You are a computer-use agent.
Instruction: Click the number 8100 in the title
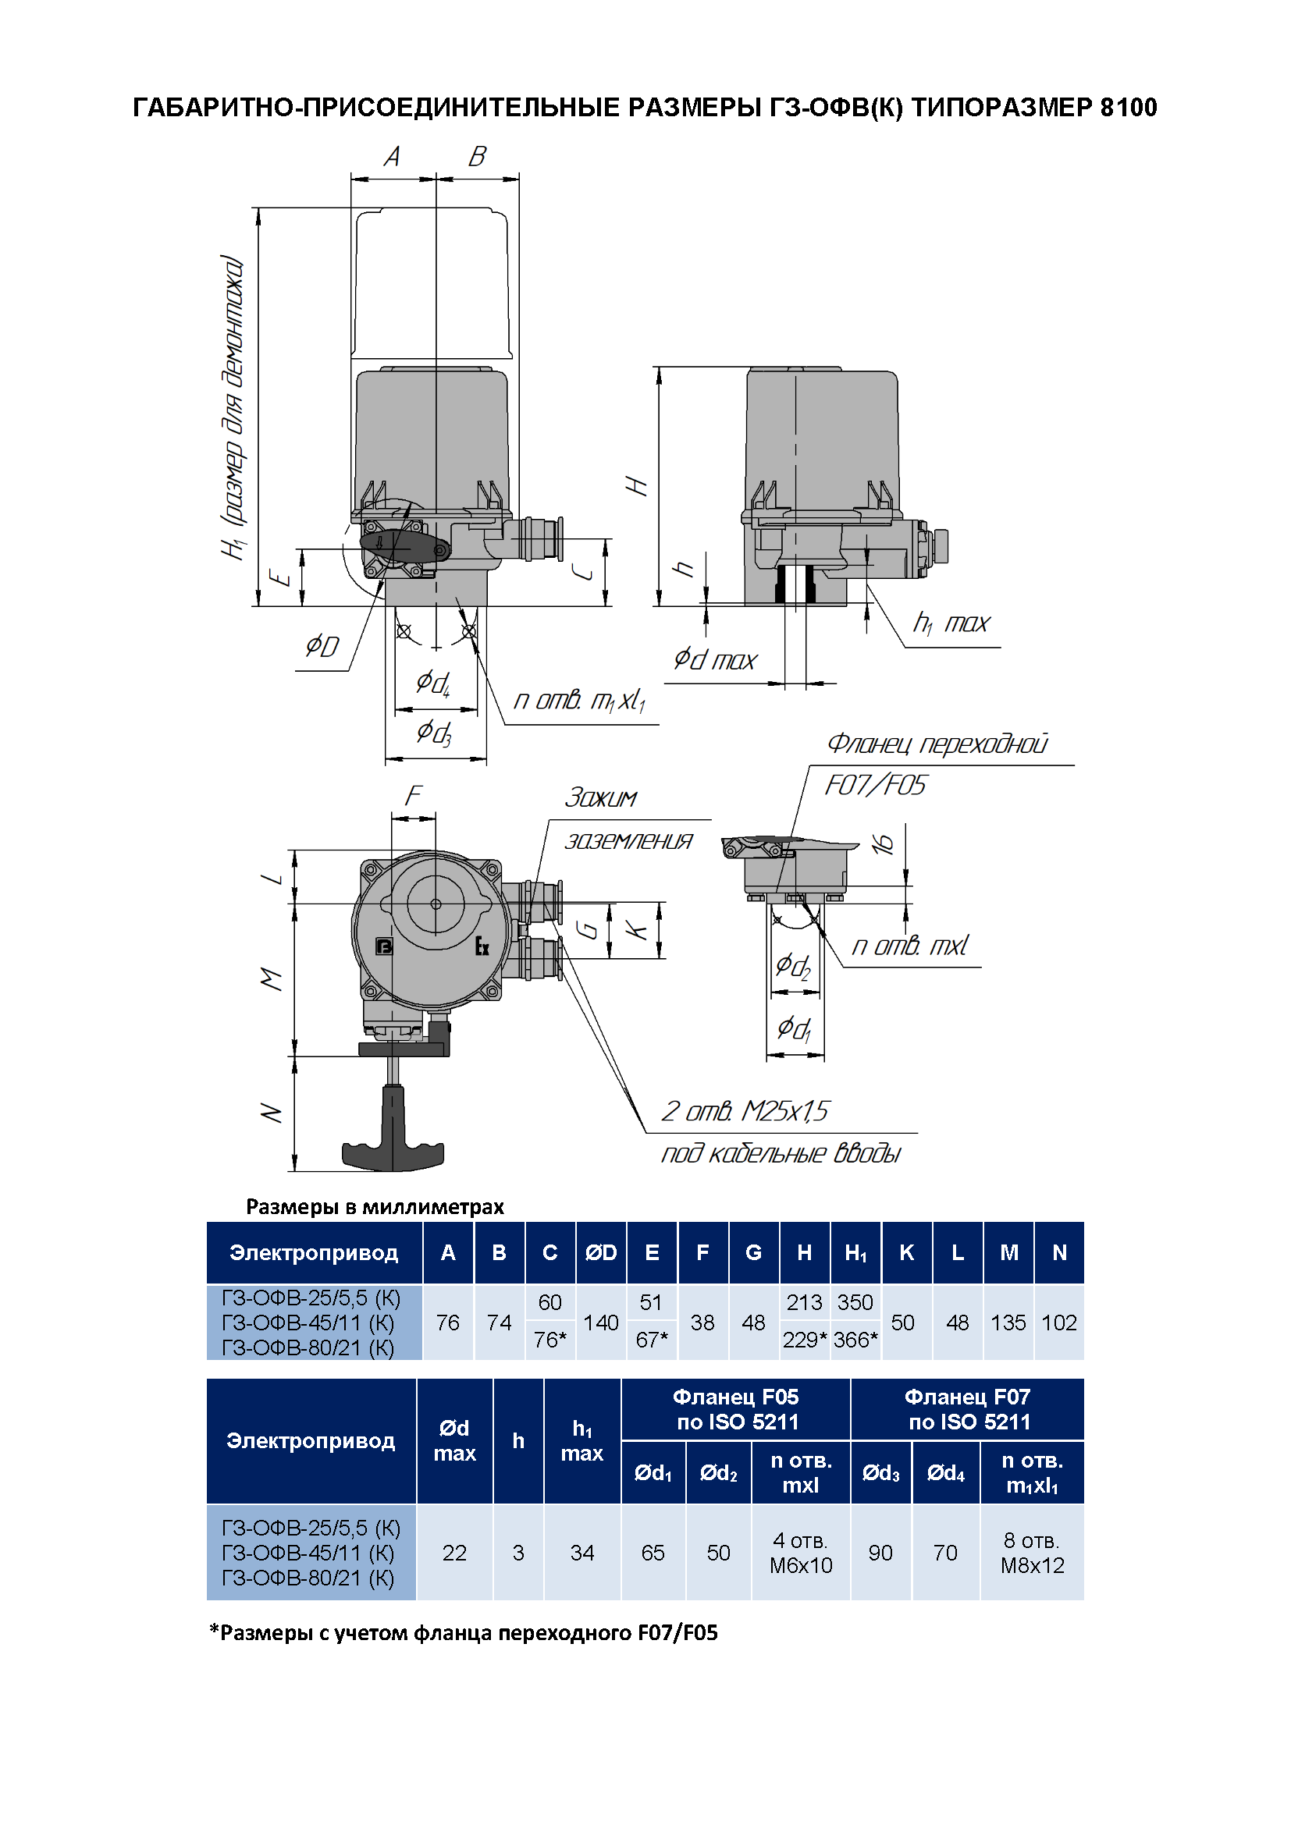tap(1128, 108)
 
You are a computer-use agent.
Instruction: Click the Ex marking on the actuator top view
tap(482, 946)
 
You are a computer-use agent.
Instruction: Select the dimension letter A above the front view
tap(392, 157)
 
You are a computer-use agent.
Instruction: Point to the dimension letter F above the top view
tap(414, 796)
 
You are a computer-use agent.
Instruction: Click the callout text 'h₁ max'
tap(951, 623)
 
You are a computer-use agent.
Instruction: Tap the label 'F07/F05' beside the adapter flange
tap(875, 786)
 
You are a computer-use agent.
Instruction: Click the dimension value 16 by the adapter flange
tap(884, 844)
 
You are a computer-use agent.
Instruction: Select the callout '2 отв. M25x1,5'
tap(745, 1110)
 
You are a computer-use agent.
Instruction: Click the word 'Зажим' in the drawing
tap(601, 797)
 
